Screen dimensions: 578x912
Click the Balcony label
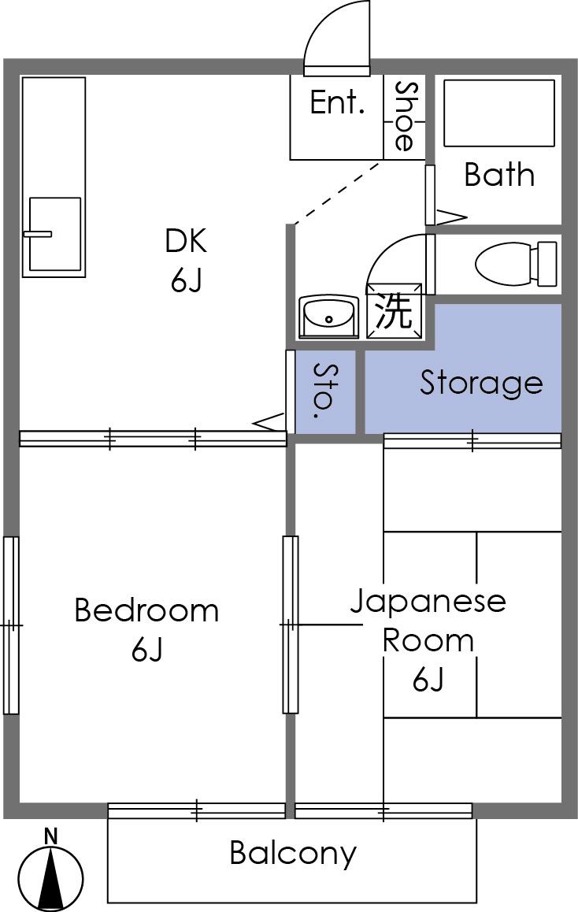[292, 853]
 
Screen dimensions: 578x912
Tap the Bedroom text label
[146, 610]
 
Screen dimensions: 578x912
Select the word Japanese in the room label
[428, 601]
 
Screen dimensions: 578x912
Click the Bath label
[499, 174]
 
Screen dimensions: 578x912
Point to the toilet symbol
[516, 264]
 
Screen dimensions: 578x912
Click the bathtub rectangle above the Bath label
[499, 113]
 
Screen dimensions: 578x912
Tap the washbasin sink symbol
[329, 317]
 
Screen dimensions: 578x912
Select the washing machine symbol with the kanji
[394, 310]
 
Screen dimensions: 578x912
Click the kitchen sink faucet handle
[38, 235]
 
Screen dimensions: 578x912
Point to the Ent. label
[337, 102]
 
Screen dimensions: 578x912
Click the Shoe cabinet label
[404, 117]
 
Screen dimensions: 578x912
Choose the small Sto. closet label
[325, 391]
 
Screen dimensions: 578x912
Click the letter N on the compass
[51, 836]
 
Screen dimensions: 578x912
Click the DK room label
[186, 241]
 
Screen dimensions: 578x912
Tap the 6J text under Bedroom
[146, 650]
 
